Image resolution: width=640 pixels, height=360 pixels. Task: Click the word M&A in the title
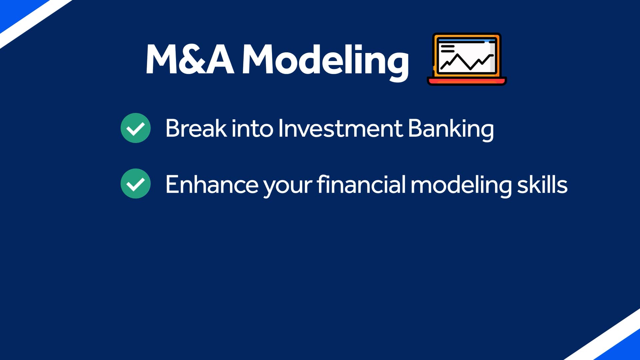pyautogui.click(x=190, y=59)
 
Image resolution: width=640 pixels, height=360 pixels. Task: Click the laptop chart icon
pyautogui.click(x=467, y=59)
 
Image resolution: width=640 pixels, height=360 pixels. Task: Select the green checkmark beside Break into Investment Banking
pyautogui.click(x=136, y=128)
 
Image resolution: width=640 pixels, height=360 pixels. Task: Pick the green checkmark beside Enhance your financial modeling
pyautogui.click(x=136, y=184)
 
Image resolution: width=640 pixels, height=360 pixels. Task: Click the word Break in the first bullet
pyautogui.click(x=196, y=128)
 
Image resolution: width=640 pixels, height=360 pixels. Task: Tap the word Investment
pyautogui.click(x=340, y=128)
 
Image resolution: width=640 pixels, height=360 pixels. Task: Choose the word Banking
pyautogui.click(x=451, y=129)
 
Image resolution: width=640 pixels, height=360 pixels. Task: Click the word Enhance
pyautogui.click(x=212, y=184)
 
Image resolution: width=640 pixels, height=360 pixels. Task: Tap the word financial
pyautogui.click(x=361, y=184)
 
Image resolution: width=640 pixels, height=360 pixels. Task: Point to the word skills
pyautogui.click(x=542, y=184)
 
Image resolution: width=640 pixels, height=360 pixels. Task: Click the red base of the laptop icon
pyautogui.click(x=467, y=81)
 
